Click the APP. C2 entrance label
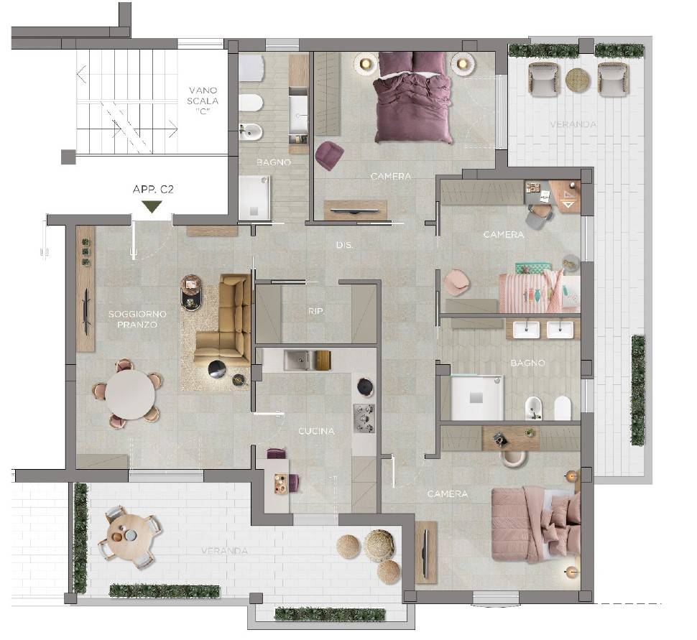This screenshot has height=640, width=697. tap(153, 190)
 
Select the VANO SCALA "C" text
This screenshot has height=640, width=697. tap(203, 101)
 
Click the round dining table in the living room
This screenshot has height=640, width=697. tap(130, 394)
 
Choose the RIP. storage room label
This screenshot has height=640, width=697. tap(315, 312)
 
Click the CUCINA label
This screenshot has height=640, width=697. tap(316, 431)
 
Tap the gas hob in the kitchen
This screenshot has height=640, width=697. tap(364, 418)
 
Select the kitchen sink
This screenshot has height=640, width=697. tap(297, 360)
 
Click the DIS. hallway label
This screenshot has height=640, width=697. tap(344, 245)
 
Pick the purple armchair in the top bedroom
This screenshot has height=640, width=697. tap(329, 155)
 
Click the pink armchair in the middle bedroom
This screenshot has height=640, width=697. tap(456, 282)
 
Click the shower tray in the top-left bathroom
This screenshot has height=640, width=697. tap(254, 198)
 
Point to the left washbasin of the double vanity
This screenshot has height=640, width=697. tap(527, 329)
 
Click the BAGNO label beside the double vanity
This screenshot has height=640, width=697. tap(527, 363)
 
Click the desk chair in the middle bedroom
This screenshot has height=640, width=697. tap(539, 215)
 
